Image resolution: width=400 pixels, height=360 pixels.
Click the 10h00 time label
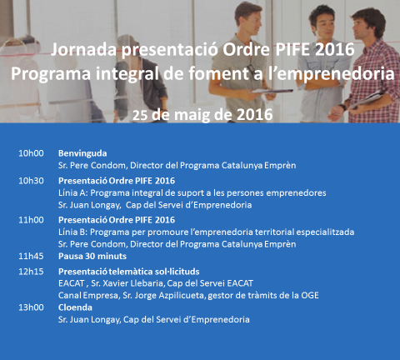tap(31, 153)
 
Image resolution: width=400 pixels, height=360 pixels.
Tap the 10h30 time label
tap(31, 180)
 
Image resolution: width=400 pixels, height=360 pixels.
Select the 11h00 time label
tap(31, 219)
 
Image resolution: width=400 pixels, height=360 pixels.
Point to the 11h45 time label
tap(31, 257)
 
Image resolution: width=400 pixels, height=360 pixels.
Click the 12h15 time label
tap(31, 272)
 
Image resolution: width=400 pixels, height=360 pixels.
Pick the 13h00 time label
tap(31, 307)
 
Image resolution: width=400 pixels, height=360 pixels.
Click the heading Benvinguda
tap(82, 153)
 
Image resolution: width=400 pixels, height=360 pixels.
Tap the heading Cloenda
tap(76, 307)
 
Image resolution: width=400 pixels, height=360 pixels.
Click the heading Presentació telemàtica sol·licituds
tap(129, 272)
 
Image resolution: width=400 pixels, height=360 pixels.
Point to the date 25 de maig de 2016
tap(202, 114)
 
